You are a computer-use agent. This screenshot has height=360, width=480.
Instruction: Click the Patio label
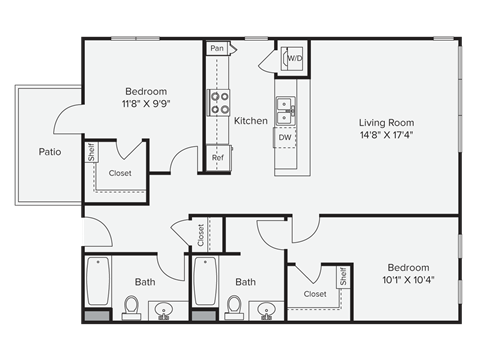pos(50,152)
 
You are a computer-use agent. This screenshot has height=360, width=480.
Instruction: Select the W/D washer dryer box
pos(294,58)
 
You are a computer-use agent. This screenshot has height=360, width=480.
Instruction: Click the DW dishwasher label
pos(285,138)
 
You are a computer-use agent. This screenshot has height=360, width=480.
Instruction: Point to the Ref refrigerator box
pos(217,158)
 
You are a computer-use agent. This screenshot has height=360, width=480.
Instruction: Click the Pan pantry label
pos(216,48)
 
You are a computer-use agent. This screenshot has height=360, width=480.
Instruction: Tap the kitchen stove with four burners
pos(218,103)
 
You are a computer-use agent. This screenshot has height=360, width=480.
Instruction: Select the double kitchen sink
pos(285,105)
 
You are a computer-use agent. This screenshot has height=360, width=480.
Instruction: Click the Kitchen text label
pos(251,121)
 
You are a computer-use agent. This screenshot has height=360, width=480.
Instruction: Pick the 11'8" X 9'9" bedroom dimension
pos(146,102)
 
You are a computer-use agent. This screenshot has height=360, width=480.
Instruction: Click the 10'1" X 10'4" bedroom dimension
pos(408,281)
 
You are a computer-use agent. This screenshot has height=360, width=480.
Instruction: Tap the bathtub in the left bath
pos(97,283)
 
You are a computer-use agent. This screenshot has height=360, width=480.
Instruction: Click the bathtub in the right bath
pos(204,283)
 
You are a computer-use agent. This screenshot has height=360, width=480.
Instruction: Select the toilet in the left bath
pos(132,306)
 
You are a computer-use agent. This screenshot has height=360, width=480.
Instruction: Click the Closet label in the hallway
pos(202,235)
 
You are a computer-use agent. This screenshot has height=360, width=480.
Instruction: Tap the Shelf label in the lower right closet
pos(342,276)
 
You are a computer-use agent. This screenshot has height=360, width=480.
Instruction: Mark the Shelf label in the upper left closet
pos(91,152)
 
